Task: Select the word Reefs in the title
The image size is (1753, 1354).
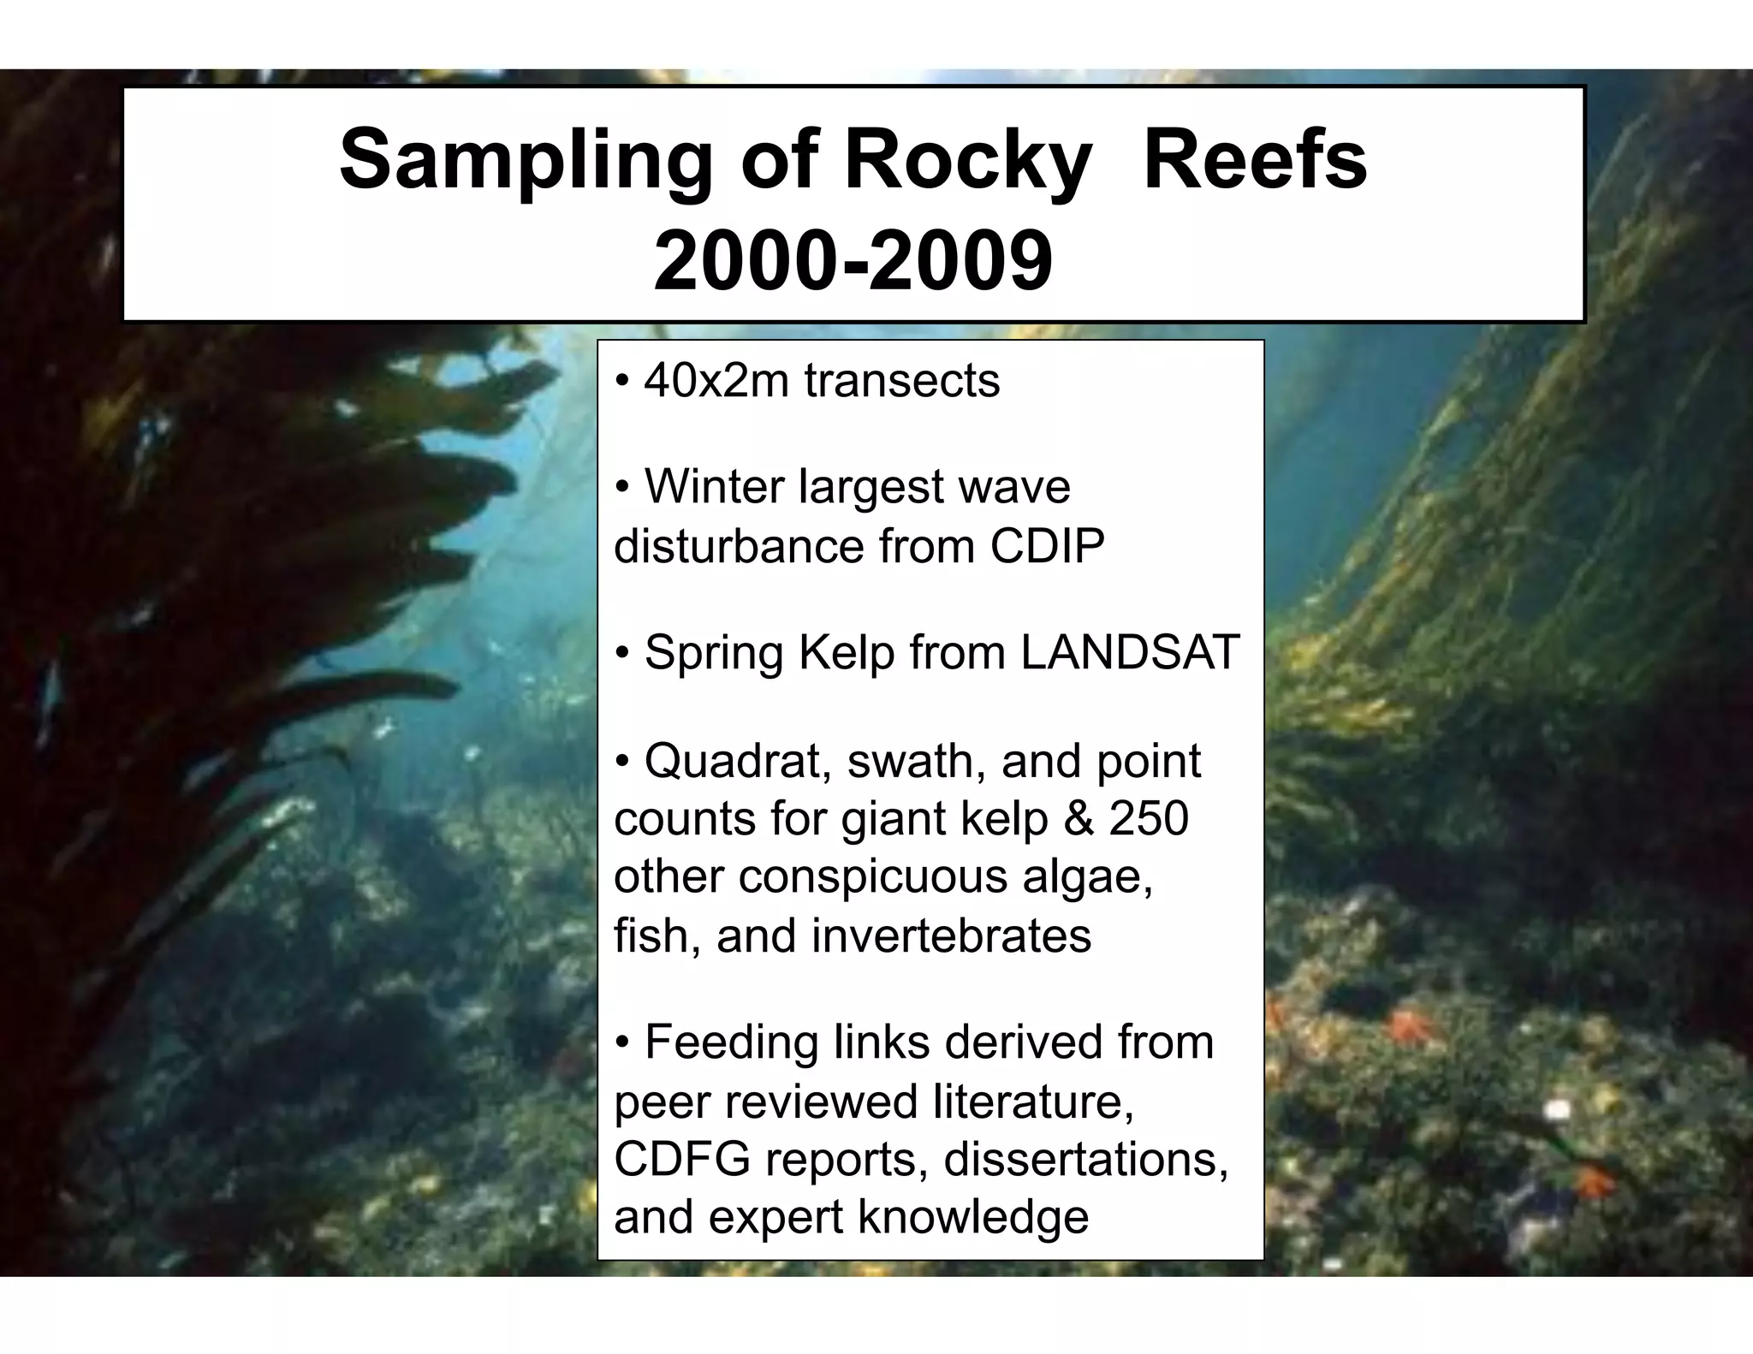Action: (x=1255, y=161)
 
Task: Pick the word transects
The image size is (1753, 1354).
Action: (x=901, y=381)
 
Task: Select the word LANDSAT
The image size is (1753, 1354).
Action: (x=1130, y=652)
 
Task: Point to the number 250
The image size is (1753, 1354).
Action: (x=1149, y=818)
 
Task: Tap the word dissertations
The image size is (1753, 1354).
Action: (x=1085, y=1159)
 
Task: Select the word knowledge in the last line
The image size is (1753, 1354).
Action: (x=972, y=1216)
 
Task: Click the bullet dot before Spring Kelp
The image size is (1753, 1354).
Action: (x=623, y=654)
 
